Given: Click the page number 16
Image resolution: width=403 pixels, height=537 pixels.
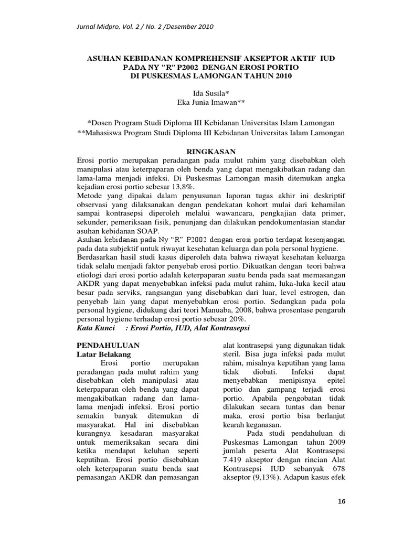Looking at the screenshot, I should tap(342, 502).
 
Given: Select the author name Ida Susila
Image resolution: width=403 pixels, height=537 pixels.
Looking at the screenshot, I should tap(200, 93).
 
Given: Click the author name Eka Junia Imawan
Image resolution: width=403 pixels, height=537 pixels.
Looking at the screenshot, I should tap(201, 103).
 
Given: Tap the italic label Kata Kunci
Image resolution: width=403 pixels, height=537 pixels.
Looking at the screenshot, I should tap(96, 327).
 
